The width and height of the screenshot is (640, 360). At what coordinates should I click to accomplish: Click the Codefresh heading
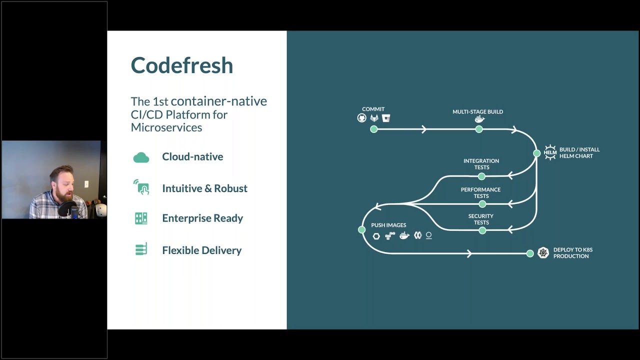tap(182, 65)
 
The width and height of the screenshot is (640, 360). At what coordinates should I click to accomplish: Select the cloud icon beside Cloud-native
tap(141, 157)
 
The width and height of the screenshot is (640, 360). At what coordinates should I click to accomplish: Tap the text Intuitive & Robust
tap(204, 188)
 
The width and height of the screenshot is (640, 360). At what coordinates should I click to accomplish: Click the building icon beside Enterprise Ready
tap(141, 218)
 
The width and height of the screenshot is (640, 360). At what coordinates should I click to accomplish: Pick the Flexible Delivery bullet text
tap(201, 250)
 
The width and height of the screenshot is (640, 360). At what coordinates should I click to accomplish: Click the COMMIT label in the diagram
tap(373, 109)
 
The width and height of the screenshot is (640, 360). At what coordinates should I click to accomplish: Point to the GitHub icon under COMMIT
tap(361, 118)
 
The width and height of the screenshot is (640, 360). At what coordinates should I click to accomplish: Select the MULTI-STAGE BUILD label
tap(477, 112)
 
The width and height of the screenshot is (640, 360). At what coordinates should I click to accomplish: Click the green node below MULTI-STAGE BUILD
tap(479, 129)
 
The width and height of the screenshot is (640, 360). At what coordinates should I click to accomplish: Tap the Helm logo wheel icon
tap(550, 152)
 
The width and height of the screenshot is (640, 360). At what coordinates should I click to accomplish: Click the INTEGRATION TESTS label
tap(481, 164)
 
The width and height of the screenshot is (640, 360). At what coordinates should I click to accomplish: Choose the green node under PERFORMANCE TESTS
tap(482, 204)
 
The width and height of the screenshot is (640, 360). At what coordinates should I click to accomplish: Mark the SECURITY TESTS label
tap(481, 219)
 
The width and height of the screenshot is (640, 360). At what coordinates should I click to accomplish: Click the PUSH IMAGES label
tap(388, 225)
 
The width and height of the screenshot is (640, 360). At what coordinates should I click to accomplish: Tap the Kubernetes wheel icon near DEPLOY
tap(543, 253)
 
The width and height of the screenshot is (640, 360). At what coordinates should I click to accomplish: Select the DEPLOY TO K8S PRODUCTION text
tap(572, 253)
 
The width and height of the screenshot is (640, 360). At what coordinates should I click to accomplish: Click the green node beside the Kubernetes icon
tap(530, 253)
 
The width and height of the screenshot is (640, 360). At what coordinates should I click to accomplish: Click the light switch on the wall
tap(86, 184)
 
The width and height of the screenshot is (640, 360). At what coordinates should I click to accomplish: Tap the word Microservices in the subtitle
tap(166, 127)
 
